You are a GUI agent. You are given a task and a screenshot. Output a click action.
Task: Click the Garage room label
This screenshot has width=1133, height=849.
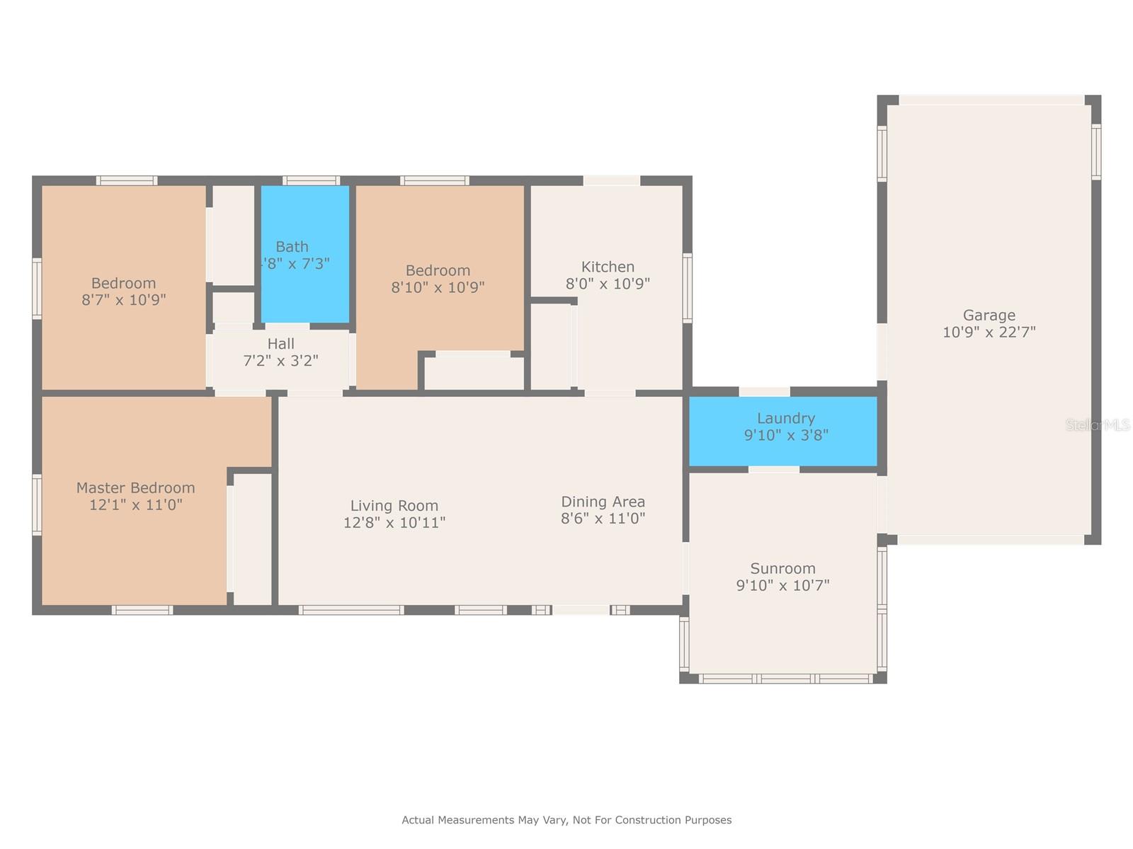tap(989, 316)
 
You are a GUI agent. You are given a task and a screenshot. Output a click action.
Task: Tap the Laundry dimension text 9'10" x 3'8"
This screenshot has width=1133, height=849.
tap(785, 435)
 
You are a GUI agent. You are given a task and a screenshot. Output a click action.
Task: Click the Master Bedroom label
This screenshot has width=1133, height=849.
tap(135, 487)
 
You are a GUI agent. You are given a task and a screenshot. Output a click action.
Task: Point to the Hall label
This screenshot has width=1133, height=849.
tap(280, 344)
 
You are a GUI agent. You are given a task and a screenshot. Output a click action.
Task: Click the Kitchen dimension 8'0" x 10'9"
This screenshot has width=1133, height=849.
tap(608, 284)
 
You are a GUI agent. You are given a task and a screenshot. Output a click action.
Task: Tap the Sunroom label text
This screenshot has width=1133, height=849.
tap(782, 569)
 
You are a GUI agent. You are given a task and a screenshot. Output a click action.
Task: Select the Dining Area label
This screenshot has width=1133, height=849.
tap(603, 502)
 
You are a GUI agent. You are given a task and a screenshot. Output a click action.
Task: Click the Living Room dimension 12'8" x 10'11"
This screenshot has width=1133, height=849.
tap(394, 523)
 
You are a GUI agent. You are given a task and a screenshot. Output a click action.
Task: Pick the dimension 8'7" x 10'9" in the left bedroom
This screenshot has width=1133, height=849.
tap(123, 300)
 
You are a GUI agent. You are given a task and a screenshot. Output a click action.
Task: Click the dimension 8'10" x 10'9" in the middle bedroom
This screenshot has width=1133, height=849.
tap(438, 287)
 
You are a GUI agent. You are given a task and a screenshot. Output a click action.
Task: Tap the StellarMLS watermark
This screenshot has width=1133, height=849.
tap(1098, 425)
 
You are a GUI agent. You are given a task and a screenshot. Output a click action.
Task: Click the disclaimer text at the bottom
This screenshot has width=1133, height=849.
tap(566, 820)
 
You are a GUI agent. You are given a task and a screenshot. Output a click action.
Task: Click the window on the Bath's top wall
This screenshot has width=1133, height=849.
tap(311, 180)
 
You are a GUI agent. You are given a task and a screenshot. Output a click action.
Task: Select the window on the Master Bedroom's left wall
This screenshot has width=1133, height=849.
tap(37, 504)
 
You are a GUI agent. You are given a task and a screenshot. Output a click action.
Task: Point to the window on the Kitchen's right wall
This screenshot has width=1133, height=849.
tap(687, 288)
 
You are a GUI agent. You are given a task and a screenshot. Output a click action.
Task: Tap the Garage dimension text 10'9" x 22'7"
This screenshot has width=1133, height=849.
tap(989, 333)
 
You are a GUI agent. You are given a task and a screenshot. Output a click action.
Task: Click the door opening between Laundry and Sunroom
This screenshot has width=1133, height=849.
tap(773, 469)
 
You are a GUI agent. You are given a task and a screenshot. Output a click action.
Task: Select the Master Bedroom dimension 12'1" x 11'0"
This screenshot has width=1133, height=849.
tap(135, 505)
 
